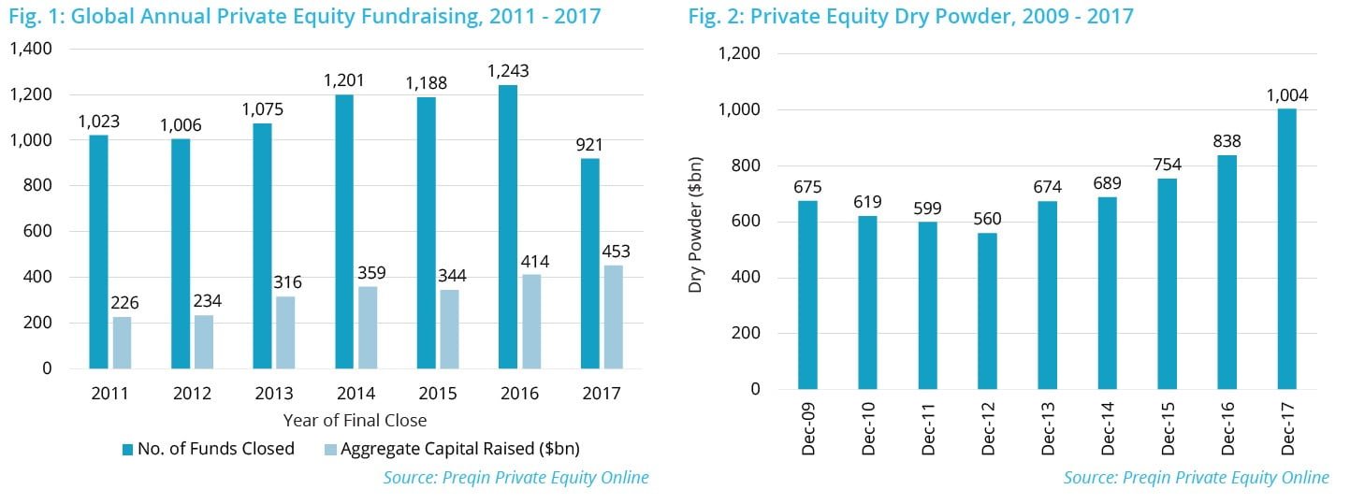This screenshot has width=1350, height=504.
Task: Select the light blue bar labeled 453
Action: click(x=613, y=317)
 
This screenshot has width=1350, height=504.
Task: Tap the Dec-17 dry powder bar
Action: click(x=1287, y=249)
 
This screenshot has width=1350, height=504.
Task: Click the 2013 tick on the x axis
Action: click(x=273, y=394)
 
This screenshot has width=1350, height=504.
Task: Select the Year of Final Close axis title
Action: click(x=356, y=420)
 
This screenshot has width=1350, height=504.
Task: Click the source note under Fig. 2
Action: click(x=1196, y=478)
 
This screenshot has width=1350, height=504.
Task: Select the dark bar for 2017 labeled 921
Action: click(x=590, y=263)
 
